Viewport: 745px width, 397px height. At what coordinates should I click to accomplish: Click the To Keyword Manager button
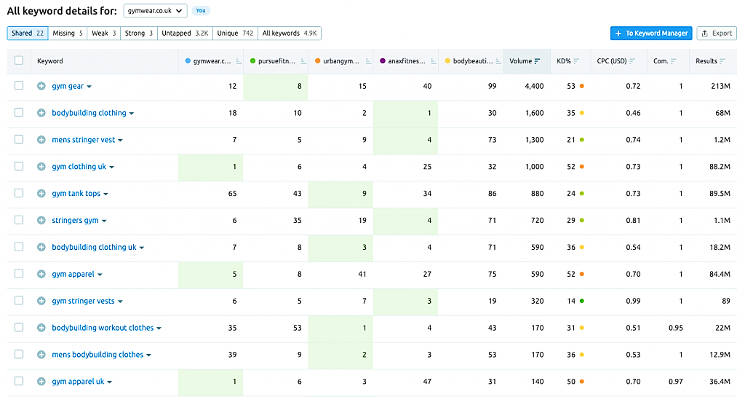click(651, 34)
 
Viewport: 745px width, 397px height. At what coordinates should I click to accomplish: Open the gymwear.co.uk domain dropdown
click(155, 10)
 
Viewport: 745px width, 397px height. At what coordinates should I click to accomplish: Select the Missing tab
click(68, 34)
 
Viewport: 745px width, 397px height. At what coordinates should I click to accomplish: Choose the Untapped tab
click(185, 34)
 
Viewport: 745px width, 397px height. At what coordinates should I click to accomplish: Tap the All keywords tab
click(290, 34)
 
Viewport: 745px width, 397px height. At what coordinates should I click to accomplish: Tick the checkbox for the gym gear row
click(19, 85)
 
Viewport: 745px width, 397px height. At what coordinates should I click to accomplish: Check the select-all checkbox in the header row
click(19, 60)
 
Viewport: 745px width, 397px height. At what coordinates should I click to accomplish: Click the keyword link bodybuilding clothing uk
click(94, 247)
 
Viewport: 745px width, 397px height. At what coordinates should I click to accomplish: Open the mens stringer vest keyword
click(83, 140)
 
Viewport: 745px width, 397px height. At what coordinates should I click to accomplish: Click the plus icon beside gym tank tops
click(41, 194)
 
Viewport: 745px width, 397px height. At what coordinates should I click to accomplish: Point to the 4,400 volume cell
click(534, 86)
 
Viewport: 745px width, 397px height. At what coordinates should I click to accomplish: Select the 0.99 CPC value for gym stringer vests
click(633, 301)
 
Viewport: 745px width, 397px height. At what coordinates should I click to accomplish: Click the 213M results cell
click(720, 86)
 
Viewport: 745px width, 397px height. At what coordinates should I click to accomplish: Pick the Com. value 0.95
click(675, 328)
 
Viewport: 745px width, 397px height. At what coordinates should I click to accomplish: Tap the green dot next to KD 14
click(582, 301)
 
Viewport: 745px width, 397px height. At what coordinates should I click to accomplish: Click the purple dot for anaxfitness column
click(383, 61)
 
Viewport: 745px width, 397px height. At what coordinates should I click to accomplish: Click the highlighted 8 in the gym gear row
click(299, 86)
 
